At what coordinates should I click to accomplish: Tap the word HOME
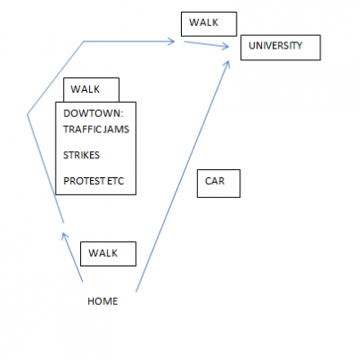point(103,301)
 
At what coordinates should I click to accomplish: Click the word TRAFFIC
point(79,130)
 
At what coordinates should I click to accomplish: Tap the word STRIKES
point(81,155)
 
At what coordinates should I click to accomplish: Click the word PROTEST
point(80,181)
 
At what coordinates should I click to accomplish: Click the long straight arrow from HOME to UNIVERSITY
point(183,176)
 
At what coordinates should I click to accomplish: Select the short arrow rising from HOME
point(72,257)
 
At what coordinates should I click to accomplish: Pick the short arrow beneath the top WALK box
point(206,44)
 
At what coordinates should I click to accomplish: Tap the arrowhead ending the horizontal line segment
point(172,41)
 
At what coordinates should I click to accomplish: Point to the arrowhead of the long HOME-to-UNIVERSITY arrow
point(227,65)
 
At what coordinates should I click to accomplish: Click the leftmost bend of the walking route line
point(27,114)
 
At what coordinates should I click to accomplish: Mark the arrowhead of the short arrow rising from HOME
point(64,236)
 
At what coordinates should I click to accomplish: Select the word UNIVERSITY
point(275,46)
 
